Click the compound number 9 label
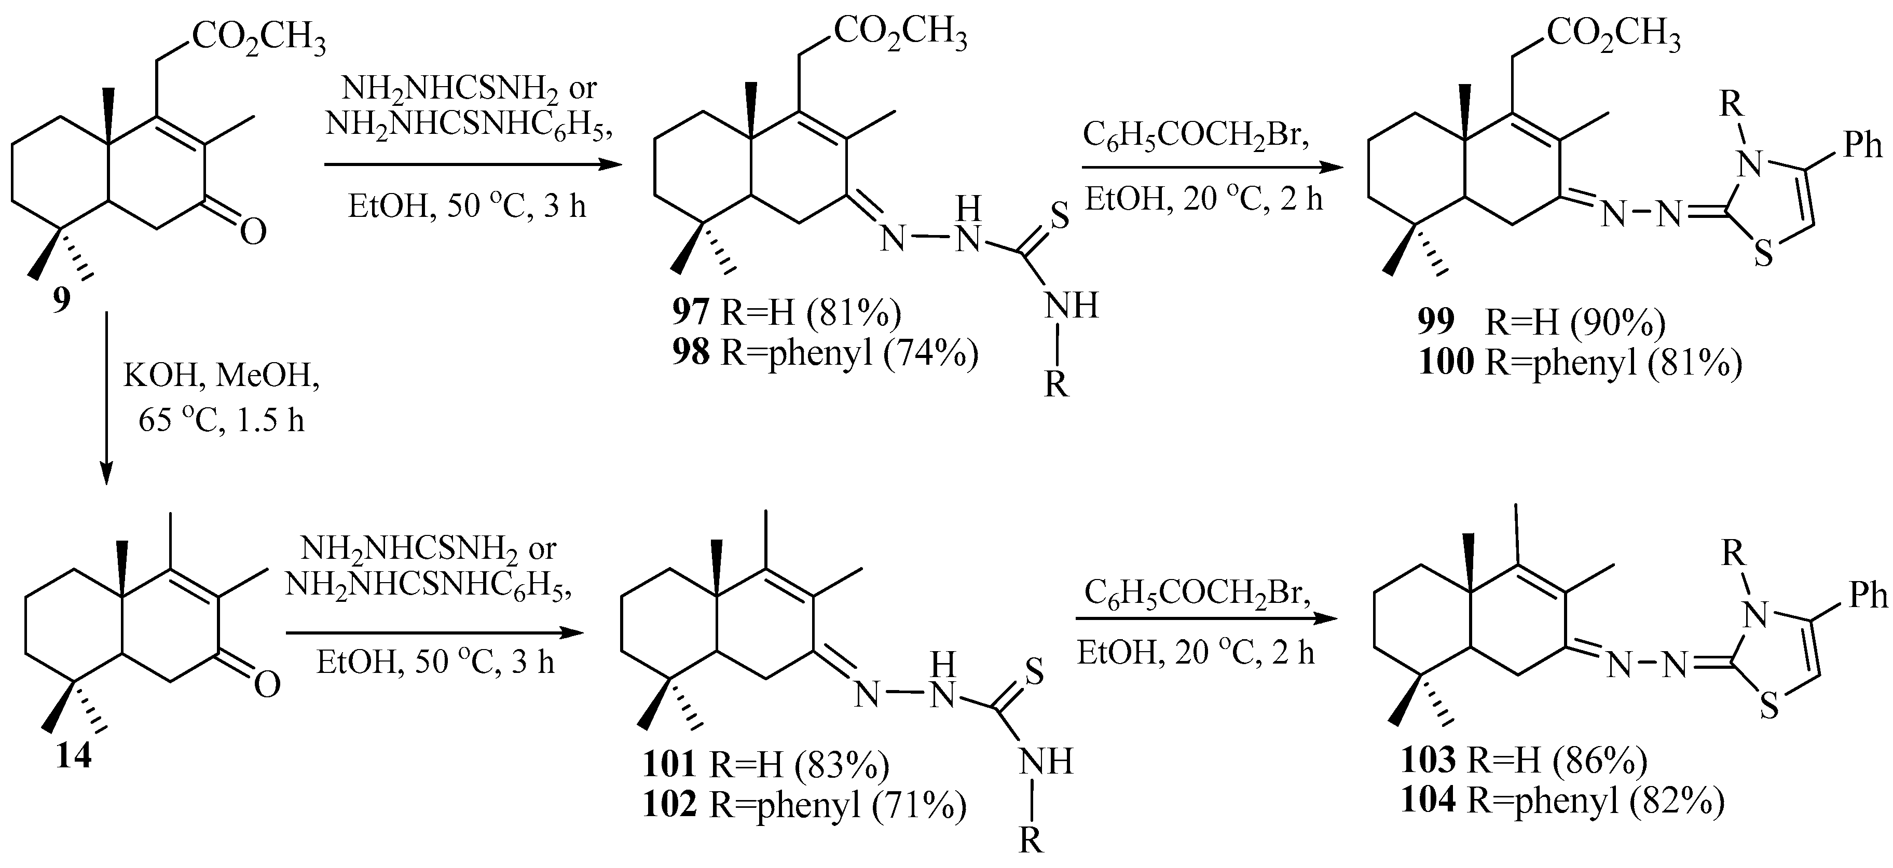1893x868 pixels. pyautogui.click(x=62, y=300)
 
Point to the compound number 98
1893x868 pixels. pyautogui.click(x=691, y=353)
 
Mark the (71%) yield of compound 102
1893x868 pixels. pyautogui.click(x=918, y=806)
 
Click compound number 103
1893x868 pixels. pyautogui.click(x=1427, y=761)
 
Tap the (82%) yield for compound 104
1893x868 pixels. pyautogui.click(x=1677, y=801)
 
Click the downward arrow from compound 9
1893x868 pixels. pyautogui.click(x=106, y=397)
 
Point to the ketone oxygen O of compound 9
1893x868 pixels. pyautogui.click(x=253, y=233)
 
